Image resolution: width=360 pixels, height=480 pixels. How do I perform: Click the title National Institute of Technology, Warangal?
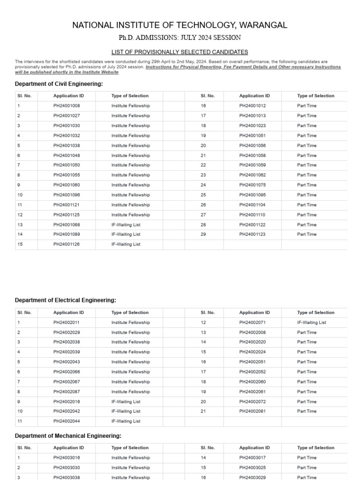pyautogui.click(x=180, y=25)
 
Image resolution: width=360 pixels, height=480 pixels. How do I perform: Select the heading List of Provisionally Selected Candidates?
pyautogui.click(x=180, y=52)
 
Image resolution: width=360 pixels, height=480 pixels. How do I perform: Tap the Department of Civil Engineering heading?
pyautogui.click(x=59, y=84)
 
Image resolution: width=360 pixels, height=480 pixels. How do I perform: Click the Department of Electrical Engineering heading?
pyautogui.click(x=65, y=300)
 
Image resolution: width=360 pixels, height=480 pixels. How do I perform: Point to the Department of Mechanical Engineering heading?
pyautogui.click(x=68, y=436)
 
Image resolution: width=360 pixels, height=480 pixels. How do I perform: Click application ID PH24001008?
pyautogui.click(x=67, y=106)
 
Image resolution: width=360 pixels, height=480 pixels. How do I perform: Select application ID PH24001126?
pyautogui.click(x=67, y=244)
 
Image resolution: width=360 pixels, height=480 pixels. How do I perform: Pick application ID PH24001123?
pyautogui.click(x=252, y=234)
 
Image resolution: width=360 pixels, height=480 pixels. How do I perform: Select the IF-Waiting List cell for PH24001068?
pyautogui.click(x=126, y=225)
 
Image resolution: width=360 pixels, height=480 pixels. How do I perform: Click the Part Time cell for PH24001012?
pyautogui.click(x=307, y=106)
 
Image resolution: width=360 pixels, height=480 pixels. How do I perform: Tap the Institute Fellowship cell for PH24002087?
pyautogui.click(x=130, y=392)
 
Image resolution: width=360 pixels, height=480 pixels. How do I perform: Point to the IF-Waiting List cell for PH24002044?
pyautogui.click(x=126, y=421)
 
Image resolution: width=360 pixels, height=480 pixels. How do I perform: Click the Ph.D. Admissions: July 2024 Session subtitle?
pyautogui.click(x=180, y=37)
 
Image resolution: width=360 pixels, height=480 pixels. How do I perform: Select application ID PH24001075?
pyautogui.click(x=252, y=185)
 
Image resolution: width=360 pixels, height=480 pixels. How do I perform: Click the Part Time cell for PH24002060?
pyautogui.click(x=307, y=382)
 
